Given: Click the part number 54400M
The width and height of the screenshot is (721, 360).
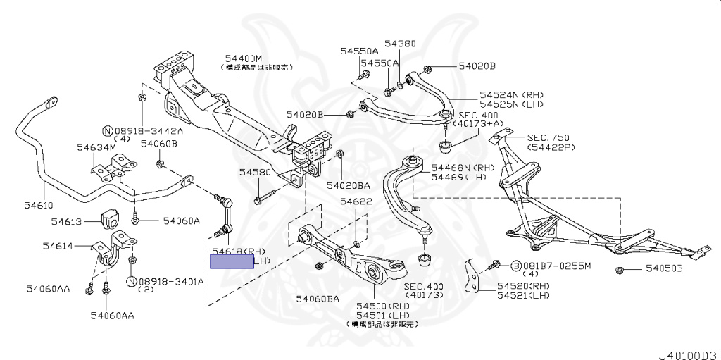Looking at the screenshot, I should click(244, 58).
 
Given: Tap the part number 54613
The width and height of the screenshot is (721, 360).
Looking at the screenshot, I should click(66, 221).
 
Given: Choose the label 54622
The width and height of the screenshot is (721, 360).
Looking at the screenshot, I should click(356, 201).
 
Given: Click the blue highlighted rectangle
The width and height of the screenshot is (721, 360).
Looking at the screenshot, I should click(232, 261).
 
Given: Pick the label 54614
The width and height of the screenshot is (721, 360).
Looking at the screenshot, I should click(58, 246).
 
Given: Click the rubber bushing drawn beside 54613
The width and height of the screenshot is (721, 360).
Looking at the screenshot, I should click(111, 220).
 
